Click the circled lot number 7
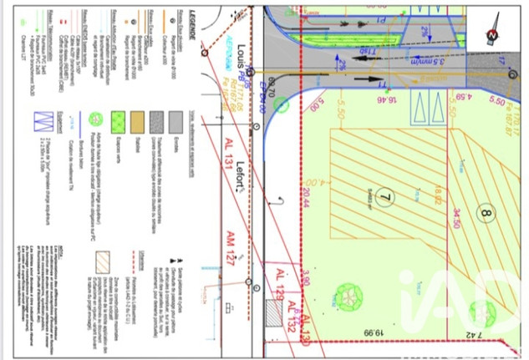click(385, 197)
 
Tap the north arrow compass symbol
click(492, 34)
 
